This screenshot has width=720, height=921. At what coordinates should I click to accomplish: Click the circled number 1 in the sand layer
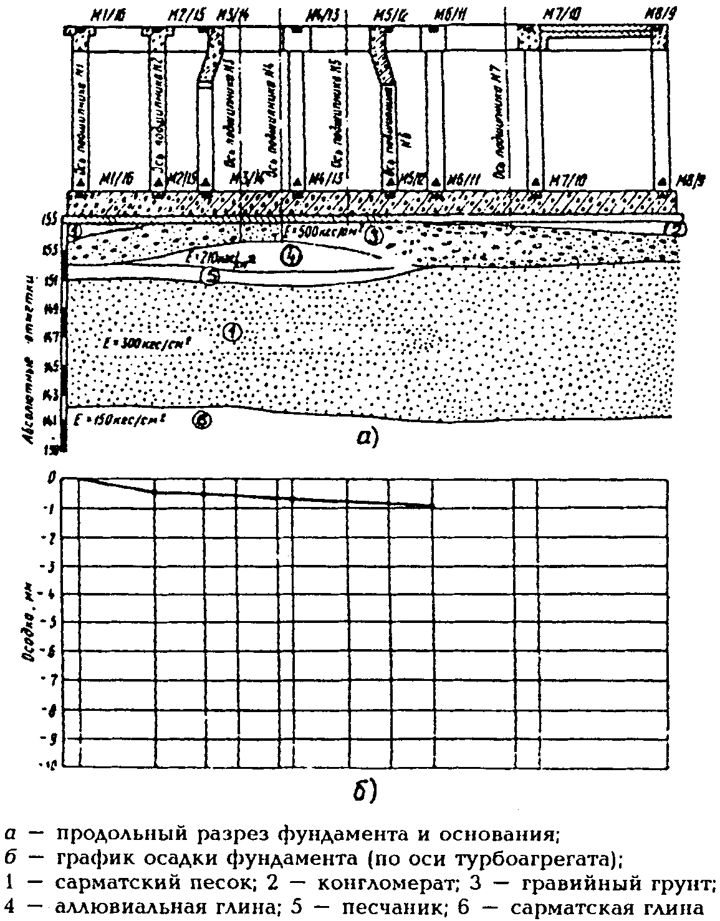(231, 333)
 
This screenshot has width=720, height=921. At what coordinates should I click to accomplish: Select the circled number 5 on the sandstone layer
(211, 276)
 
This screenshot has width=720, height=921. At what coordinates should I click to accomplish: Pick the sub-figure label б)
(363, 789)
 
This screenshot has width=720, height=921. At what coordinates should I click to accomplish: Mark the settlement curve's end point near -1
(431, 506)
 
